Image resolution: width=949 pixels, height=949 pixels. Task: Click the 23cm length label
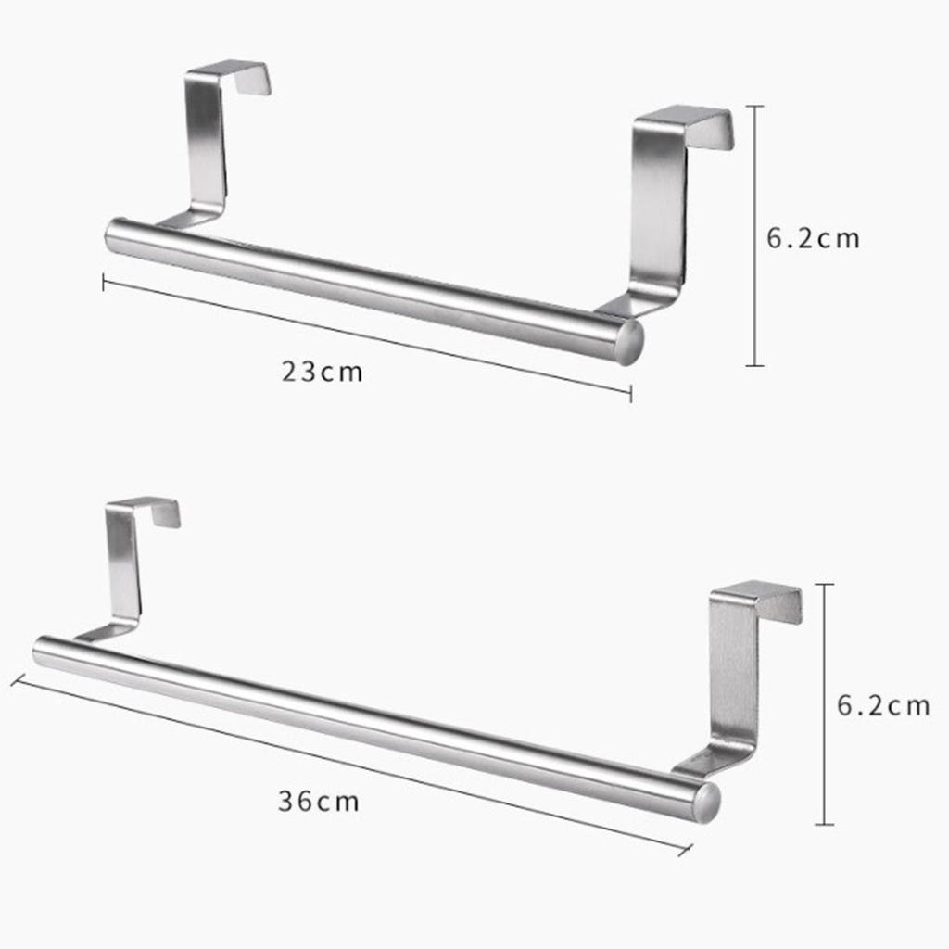tap(323, 373)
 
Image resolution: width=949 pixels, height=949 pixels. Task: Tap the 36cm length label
tap(318, 801)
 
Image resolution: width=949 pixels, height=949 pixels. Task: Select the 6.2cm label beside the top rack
tap(813, 238)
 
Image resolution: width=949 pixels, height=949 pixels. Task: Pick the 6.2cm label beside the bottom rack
tap(883, 706)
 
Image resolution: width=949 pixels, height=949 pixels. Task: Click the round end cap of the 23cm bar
tap(629, 342)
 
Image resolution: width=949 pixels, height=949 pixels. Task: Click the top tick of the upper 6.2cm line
tap(755, 107)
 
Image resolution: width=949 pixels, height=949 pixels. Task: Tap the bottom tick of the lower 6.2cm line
tap(825, 824)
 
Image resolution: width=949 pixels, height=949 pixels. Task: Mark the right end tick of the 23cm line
tap(631, 394)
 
